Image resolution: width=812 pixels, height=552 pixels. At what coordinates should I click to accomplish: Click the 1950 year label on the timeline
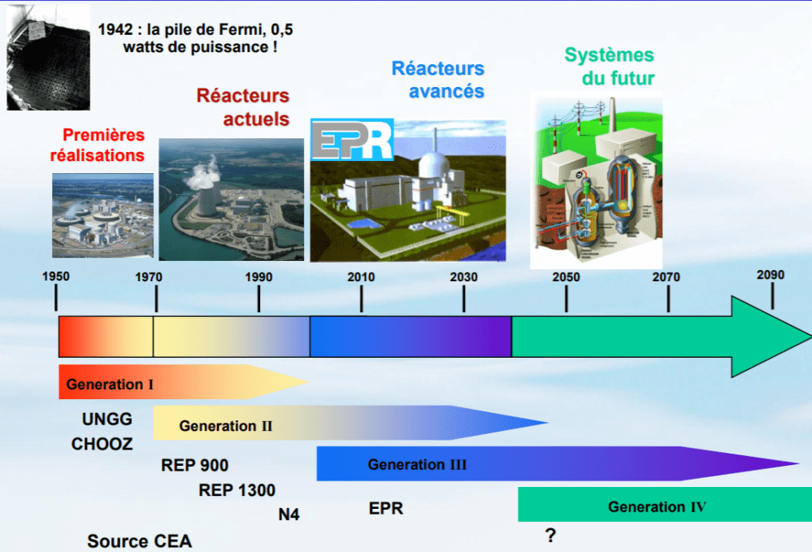pos(56,276)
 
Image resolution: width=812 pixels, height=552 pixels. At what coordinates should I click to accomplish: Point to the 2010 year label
pos(361,277)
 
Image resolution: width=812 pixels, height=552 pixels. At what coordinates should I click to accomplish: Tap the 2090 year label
pos(770,275)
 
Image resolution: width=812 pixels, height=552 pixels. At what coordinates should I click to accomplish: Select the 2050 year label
pos(566,277)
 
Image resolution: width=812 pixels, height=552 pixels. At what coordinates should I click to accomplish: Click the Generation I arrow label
pos(110,385)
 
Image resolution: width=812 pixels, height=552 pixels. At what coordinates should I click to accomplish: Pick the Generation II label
pos(225,425)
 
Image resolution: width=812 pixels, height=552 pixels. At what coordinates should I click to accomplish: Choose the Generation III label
pos(417,465)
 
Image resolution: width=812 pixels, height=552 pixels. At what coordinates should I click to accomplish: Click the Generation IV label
pos(657,507)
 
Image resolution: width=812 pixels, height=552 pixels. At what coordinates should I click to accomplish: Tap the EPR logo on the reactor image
pos(351,139)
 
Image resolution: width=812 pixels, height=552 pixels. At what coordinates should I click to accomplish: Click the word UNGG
pos(106,419)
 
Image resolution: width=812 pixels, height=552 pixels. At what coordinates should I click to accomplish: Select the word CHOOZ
pos(102,444)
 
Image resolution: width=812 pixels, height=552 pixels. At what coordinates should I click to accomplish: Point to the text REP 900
pos(194,466)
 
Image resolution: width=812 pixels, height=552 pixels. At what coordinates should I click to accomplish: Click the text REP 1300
pos(237,490)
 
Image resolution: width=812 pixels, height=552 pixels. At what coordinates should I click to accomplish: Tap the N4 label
pos(289,514)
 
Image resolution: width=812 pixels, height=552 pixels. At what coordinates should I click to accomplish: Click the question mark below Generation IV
pos(550,536)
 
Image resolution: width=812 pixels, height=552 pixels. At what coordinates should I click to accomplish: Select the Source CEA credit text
pos(139,541)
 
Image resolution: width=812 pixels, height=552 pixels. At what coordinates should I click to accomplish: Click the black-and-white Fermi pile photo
pos(47,55)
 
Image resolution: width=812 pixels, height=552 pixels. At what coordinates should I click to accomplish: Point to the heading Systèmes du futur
pos(610,67)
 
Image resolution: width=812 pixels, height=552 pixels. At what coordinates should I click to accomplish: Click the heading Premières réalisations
pos(98,145)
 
